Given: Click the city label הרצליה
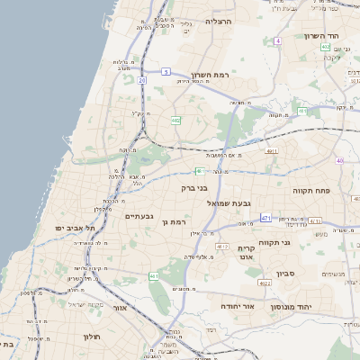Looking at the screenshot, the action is [219, 20].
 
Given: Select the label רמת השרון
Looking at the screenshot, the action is [211, 76].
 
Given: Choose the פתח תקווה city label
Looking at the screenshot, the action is [312, 191].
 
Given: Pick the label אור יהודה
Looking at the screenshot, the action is [238, 306].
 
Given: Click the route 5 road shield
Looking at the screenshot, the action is [166, 71].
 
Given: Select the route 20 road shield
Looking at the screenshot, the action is [141, 80].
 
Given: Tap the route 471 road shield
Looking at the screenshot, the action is [265, 218].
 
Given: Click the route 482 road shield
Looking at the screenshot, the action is [175, 120].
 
